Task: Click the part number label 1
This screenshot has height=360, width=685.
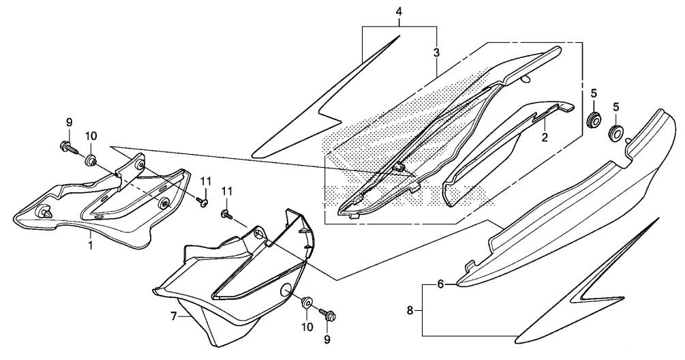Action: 91,245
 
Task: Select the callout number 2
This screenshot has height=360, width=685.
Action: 545,138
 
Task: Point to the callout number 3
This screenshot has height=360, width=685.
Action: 436,53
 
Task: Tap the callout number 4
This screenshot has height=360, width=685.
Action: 399,12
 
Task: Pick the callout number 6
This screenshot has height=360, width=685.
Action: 440,285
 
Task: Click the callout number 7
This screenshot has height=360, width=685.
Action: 173,316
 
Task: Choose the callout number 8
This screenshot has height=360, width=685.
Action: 410,311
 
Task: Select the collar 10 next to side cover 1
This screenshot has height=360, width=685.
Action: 91,160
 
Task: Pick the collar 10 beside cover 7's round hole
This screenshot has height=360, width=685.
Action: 307,302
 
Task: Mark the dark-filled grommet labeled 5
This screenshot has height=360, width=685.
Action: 593,121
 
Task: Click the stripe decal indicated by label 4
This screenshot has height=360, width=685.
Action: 326,98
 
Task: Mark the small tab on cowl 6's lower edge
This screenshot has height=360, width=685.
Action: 471,265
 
